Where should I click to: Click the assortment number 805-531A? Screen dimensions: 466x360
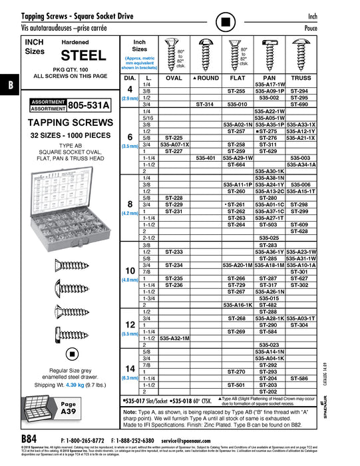[88, 106]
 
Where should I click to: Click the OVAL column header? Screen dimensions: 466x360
[174, 78]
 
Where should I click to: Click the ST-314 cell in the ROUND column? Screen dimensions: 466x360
[205, 105]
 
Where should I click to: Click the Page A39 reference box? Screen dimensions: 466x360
[69, 407]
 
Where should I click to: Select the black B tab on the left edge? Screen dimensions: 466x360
[10, 85]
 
